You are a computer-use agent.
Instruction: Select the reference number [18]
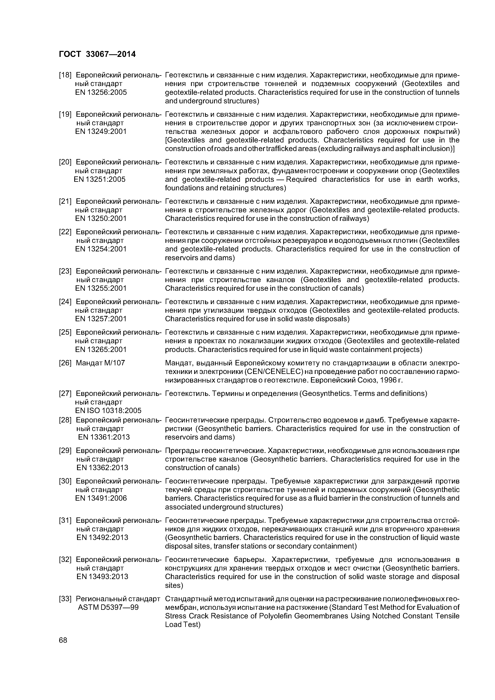click(65, 75)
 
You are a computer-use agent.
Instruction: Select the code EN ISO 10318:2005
click(108, 411)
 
